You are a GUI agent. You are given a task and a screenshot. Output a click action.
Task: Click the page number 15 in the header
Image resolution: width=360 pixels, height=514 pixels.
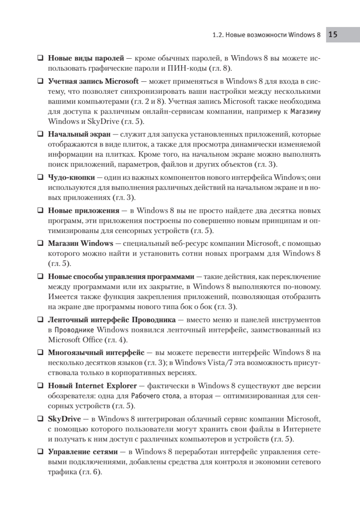click(333, 35)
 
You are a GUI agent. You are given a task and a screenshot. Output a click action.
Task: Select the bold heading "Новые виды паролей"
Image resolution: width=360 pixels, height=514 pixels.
click(86, 57)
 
